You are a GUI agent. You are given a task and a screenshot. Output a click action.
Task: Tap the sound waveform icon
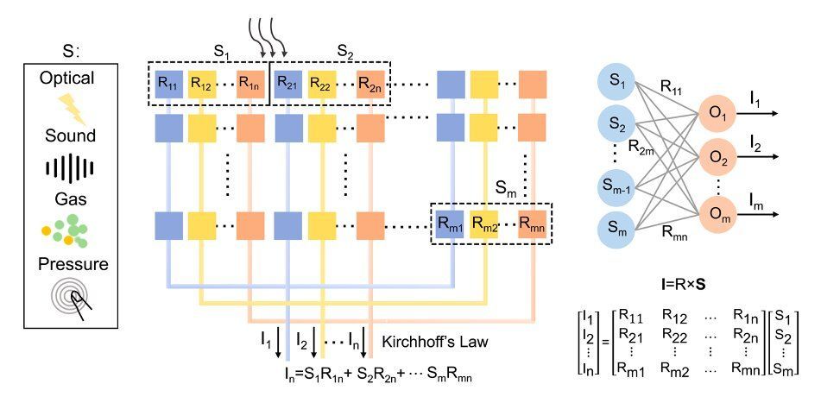70,167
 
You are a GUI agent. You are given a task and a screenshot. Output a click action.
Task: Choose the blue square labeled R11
169,85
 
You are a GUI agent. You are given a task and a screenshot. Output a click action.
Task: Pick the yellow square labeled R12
200,85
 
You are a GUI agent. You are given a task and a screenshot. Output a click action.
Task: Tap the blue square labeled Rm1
449,225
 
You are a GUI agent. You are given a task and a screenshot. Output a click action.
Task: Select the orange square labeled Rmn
532,225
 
